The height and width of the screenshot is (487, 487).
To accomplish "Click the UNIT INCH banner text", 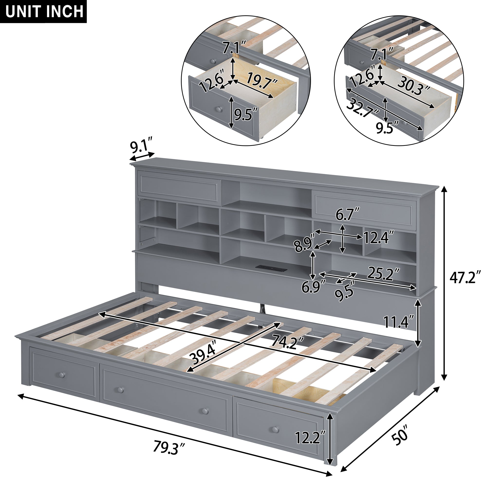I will pos(44,11).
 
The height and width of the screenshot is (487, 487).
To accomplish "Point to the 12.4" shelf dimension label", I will pos(378,238).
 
